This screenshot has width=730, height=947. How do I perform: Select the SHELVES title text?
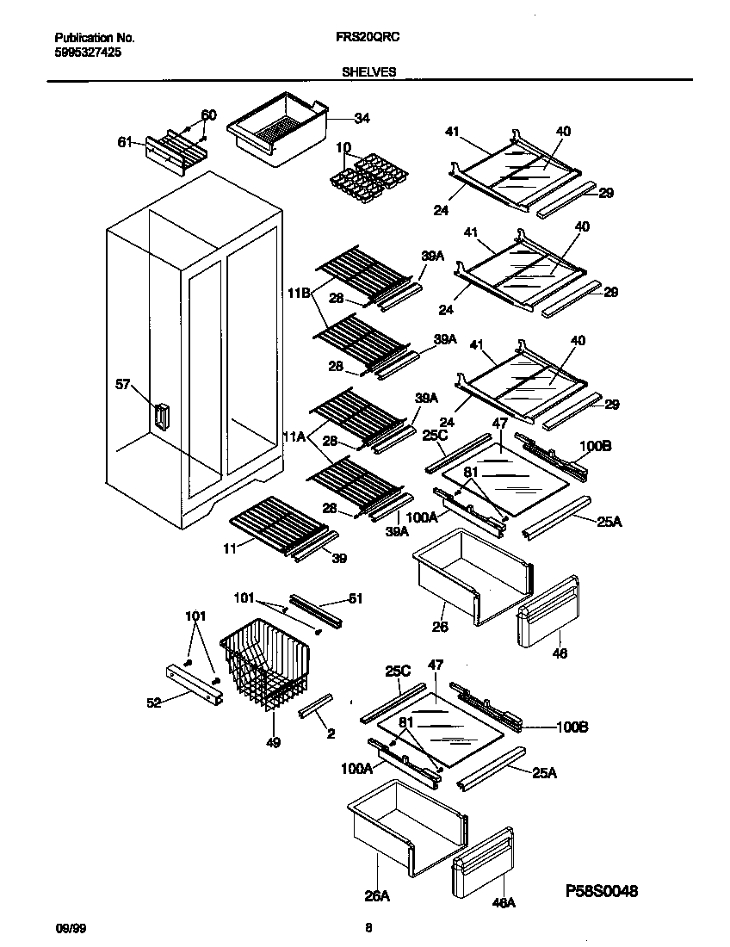point(368,72)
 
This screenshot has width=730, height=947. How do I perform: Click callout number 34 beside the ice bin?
point(362,118)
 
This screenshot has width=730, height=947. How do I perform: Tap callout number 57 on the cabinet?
point(124,384)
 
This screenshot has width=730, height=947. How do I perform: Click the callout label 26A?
point(376,896)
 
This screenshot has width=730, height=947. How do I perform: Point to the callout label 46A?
point(503,903)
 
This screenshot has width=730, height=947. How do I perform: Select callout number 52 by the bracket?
point(155,703)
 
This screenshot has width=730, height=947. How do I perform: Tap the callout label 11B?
point(299,294)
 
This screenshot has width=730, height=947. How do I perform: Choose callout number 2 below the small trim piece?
point(331,733)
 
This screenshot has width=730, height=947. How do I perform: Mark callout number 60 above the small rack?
point(208,115)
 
